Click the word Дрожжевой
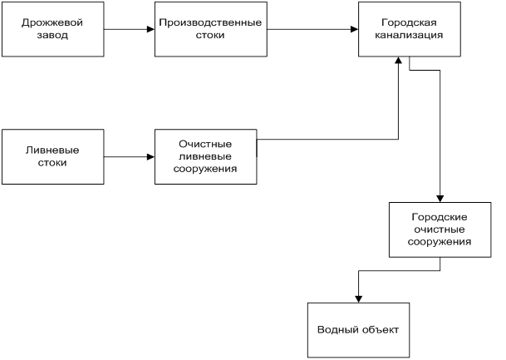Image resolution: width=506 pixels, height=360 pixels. pos(52,23)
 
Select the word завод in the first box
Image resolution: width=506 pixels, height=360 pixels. pos(52,35)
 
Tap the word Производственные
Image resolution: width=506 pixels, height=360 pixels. pos(210,23)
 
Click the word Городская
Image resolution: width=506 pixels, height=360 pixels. pos(409,23)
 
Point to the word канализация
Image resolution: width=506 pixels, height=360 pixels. pos(409,35)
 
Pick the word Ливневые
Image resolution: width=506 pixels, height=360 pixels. pos(52,150)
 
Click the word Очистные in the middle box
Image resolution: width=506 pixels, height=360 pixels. pos(205,144)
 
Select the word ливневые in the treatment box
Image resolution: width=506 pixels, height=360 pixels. pos(205,156)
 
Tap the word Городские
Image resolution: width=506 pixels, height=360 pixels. pos(440,217)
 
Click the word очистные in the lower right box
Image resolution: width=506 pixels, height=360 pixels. pos(440,229)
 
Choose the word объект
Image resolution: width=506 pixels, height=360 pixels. pos(381,329)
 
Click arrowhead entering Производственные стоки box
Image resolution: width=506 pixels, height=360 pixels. pos(150,29)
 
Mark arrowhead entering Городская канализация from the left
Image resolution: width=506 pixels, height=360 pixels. pos(354,29)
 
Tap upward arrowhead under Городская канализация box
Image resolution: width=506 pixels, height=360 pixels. pos(399,61)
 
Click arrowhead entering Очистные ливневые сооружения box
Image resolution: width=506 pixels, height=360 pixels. pos(150,157)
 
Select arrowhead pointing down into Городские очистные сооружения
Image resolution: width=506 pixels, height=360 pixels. pos(440,199)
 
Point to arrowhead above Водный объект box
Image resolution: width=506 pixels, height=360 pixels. pos(359,299)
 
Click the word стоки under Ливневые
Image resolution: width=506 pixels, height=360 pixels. pos(52,162)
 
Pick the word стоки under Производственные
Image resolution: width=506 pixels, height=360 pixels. pos(210,35)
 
